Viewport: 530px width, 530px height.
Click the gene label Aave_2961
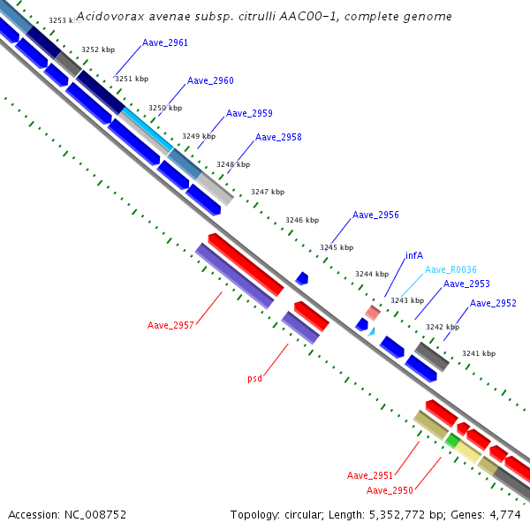165,43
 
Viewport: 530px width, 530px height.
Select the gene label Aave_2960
210,80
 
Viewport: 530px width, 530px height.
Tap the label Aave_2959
249,114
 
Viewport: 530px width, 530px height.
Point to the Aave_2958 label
278,137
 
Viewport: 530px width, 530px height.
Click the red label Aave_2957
170,325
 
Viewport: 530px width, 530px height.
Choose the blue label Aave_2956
375,215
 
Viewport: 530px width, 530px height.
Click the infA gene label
414,255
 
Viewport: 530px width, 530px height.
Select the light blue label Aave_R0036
450,269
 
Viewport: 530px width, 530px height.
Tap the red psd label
255,378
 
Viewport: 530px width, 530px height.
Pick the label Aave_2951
370,475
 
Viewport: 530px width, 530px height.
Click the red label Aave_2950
390,490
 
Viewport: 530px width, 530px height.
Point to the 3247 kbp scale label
268,192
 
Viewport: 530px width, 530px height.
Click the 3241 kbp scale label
479,353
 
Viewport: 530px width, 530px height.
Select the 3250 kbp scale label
165,108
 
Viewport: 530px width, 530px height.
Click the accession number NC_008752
95,515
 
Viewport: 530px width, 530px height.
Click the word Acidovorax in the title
110,16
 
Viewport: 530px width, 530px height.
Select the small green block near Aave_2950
452,441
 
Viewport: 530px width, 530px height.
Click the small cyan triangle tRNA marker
372,332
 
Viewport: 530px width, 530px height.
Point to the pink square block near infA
373,313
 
